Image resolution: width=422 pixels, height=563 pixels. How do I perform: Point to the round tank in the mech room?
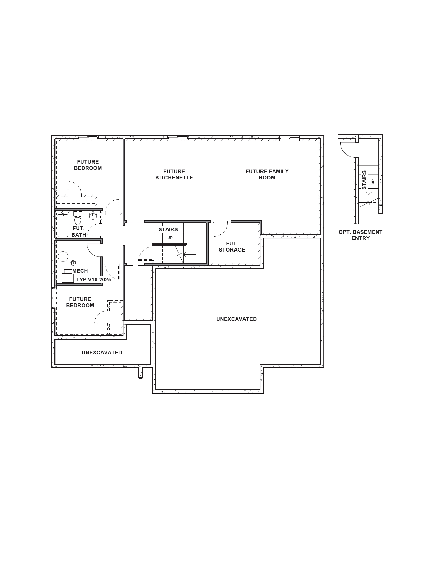(x=63, y=256)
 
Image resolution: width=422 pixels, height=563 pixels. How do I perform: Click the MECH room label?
(x=80, y=271)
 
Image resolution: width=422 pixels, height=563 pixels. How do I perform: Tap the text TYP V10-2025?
(x=93, y=279)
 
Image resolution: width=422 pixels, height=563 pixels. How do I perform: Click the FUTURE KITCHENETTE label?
(x=174, y=175)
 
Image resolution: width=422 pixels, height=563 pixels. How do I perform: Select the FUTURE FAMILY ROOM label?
(x=267, y=175)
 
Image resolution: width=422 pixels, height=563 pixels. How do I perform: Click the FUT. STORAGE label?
(x=232, y=247)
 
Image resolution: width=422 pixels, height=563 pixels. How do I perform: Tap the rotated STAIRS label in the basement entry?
(x=364, y=180)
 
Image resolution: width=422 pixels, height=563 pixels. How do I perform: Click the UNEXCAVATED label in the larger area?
(x=237, y=319)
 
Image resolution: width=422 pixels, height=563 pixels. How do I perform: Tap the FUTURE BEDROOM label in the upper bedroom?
(x=88, y=165)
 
